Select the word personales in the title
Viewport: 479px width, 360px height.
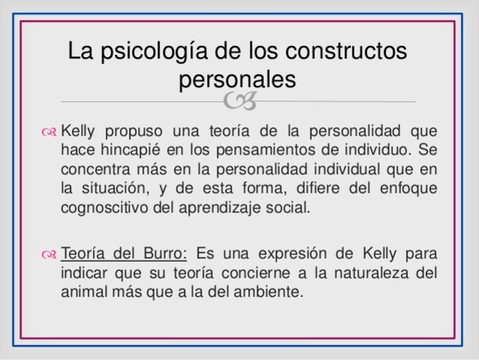[x=238, y=78]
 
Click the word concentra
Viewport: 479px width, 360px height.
[x=95, y=169]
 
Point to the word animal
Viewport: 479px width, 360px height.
[x=83, y=291]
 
